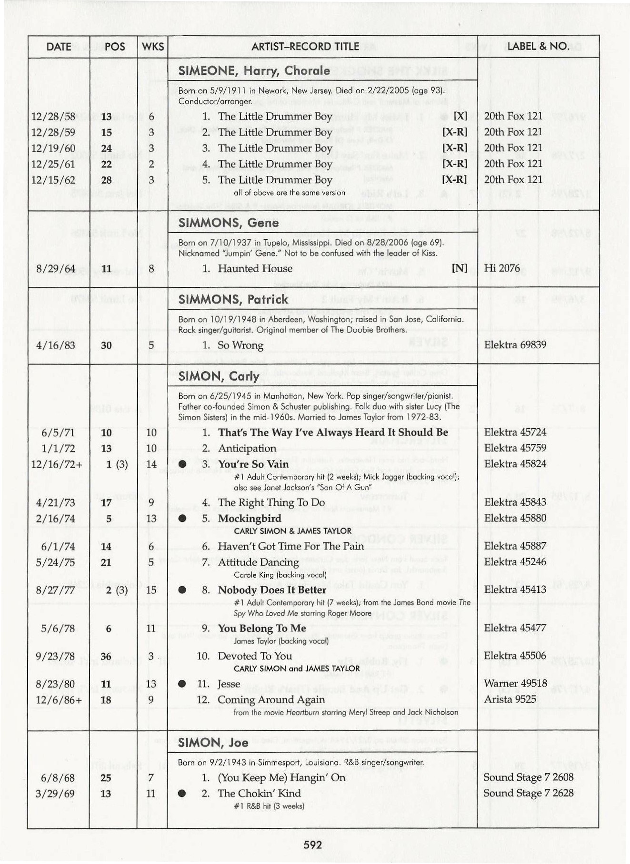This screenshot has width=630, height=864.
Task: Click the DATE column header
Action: tap(59, 47)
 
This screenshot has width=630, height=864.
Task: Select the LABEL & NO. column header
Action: tap(538, 46)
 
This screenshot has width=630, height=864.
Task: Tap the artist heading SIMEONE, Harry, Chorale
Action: tap(254, 71)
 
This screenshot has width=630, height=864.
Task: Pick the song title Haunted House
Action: tap(255, 269)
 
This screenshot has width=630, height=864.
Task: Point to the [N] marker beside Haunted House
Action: tap(459, 268)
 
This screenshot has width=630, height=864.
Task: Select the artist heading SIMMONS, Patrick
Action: tap(233, 299)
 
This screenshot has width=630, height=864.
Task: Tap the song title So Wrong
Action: tap(240, 345)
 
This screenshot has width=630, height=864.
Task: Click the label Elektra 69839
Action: tap(515, 345)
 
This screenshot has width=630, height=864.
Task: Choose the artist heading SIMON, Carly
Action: tap(219, 376)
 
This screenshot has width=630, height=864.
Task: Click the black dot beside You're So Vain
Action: tap(182, 464)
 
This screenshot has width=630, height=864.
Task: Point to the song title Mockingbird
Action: tap(250, 519)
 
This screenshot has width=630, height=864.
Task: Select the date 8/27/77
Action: tap(55, 590)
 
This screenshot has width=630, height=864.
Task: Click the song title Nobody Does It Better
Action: tap(272, 590)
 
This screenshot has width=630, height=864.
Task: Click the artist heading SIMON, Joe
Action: tap(213, 743)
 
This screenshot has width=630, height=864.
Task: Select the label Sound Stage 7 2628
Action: tap(528, 793)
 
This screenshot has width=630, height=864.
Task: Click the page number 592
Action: tap(313, 845)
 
